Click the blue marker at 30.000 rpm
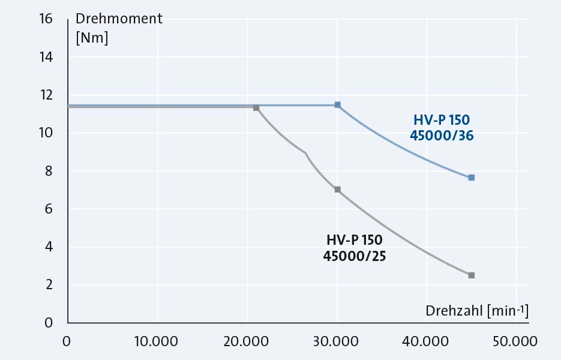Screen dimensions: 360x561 337,105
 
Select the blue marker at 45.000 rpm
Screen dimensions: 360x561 472,178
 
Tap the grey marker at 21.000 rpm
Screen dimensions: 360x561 256,107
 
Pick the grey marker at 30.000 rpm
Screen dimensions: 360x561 337,190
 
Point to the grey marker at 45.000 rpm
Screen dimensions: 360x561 472,275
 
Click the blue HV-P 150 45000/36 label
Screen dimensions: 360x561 442,128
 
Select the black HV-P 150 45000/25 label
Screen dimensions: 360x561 355,248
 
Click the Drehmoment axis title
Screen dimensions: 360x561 119,19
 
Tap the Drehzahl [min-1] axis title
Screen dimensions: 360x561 477,311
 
